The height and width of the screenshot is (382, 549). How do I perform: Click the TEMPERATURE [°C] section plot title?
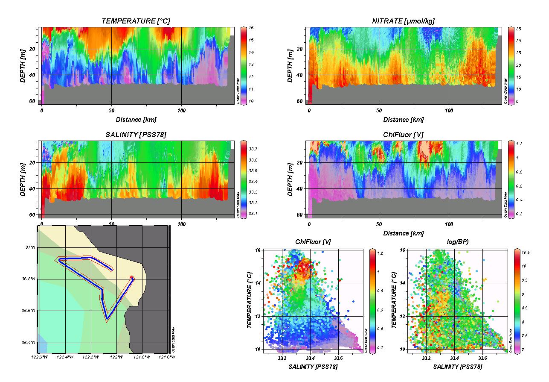(133, 21)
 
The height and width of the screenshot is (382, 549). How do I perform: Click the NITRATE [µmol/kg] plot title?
(403, 21)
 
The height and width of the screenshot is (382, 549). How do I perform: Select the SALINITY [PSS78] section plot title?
(135, 135)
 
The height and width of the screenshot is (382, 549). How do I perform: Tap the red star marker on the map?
(132, 277)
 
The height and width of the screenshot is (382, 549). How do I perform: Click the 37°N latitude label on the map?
(31, 247)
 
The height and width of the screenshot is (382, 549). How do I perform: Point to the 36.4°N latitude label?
(30, 342)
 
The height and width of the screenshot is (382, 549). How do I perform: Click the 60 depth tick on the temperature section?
(32, 101)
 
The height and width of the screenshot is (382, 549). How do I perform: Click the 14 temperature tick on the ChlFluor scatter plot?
(259, 283)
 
